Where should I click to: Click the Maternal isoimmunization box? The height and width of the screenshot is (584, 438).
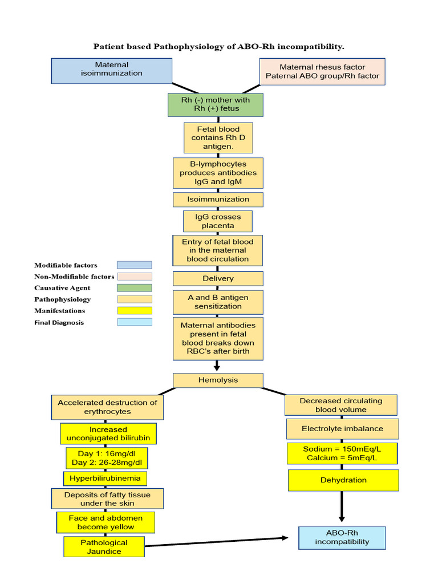(x=111, y=70)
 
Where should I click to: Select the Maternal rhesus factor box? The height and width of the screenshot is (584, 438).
(x=322, y=72)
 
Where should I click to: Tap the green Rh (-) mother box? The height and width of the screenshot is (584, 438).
(x=215, y=104)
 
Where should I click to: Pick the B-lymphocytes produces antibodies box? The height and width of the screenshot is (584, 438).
(x=218, y=173)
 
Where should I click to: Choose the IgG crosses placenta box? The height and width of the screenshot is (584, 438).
(x=218, y=221)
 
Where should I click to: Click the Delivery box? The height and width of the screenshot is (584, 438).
(x=218, y=278)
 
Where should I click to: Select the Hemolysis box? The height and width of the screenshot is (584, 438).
(x=218, y=380)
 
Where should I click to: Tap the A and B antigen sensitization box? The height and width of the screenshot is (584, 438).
(x=218, y=302)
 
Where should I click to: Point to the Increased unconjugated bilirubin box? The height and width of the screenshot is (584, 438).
(x=108, y=433)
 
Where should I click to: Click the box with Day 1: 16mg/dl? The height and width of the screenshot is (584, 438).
(x=108, y=457)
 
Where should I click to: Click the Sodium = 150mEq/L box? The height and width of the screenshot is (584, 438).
(x=342, y=453)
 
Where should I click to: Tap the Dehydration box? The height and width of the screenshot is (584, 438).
(x=343, y=480)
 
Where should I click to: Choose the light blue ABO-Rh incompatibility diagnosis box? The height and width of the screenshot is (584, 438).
(x=342, y=537)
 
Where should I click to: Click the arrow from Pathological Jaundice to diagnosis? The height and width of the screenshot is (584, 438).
(x=217, y=541)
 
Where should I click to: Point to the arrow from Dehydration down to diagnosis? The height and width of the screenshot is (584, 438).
(x=342, y=505)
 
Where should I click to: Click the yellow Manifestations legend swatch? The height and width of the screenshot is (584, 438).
(x=135, y=311)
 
